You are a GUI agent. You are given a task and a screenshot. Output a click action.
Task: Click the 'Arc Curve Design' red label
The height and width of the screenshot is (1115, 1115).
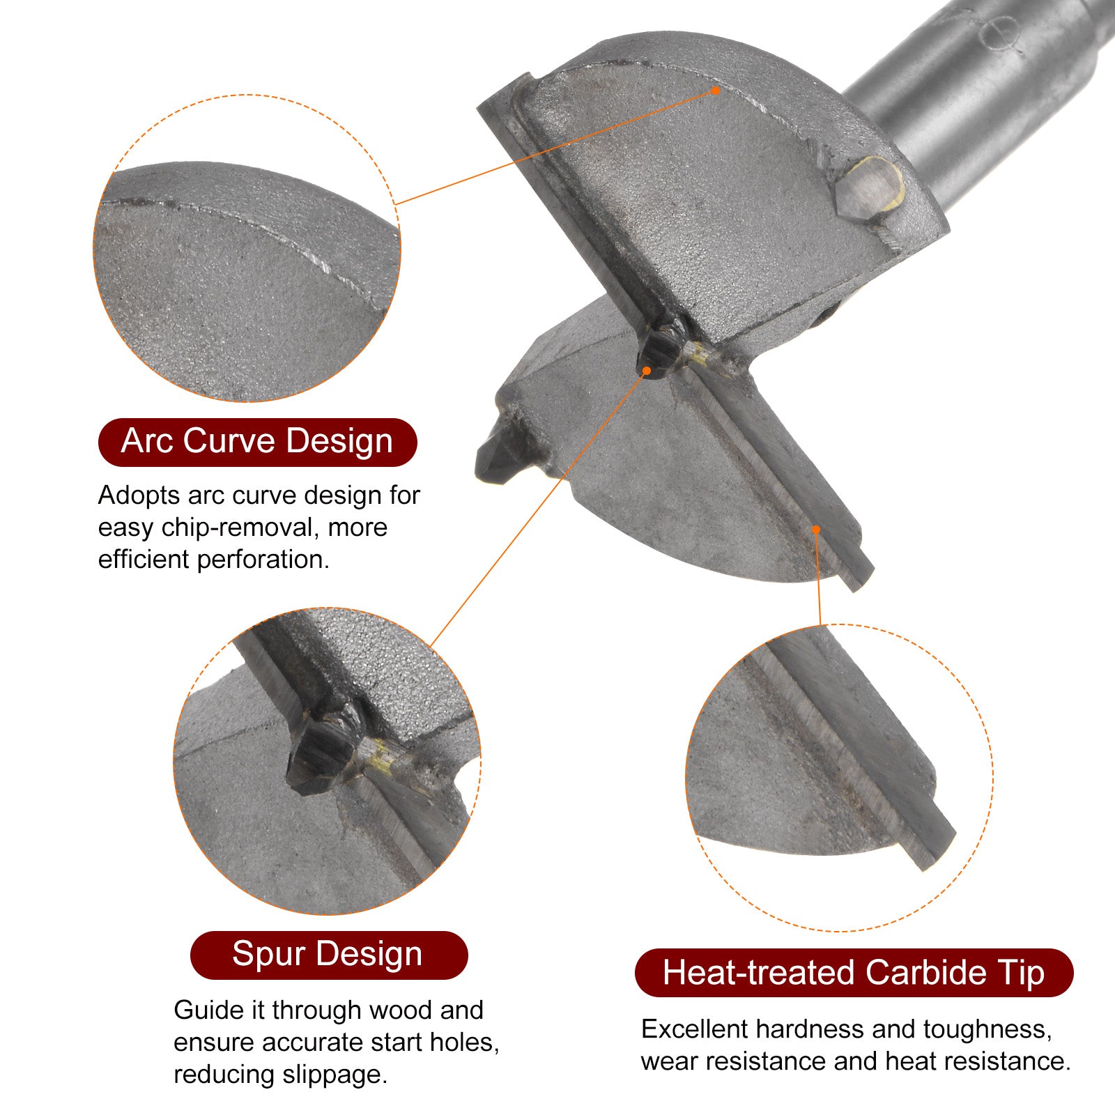click(257, 442)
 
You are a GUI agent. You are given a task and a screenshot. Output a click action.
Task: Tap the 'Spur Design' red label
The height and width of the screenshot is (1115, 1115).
click(328, 955)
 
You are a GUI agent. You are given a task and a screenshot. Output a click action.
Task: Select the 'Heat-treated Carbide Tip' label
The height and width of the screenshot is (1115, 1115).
click(854, 973)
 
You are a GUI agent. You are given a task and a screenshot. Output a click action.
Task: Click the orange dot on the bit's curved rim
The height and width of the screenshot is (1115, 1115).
click(716, 91)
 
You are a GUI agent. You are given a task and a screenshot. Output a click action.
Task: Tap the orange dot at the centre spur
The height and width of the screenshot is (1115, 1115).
click(647, 371)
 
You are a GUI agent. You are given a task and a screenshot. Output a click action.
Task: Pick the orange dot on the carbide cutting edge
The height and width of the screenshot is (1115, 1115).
click(816, 530)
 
